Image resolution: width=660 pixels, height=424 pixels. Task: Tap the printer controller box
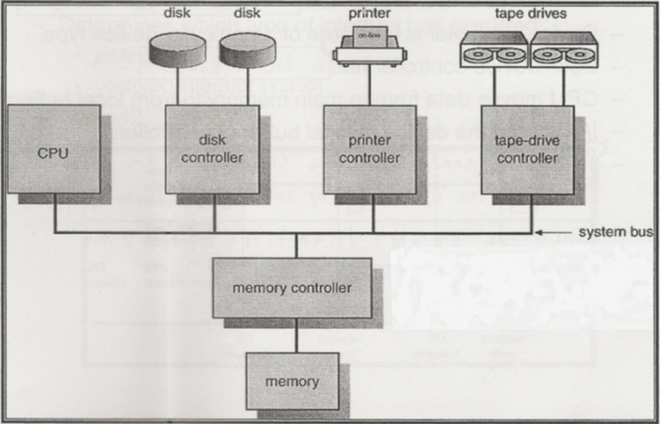pos(368,148)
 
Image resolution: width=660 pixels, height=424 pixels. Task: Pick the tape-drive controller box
pos(526,148)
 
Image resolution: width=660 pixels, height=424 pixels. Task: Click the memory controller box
pos(291,288)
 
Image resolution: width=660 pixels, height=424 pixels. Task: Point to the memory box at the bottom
pos(291,380)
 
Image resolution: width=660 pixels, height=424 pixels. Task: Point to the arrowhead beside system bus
pos(541,234)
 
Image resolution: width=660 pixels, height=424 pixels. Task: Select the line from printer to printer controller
pos(367,85)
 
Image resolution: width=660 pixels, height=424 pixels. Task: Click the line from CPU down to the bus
pos(54,214)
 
